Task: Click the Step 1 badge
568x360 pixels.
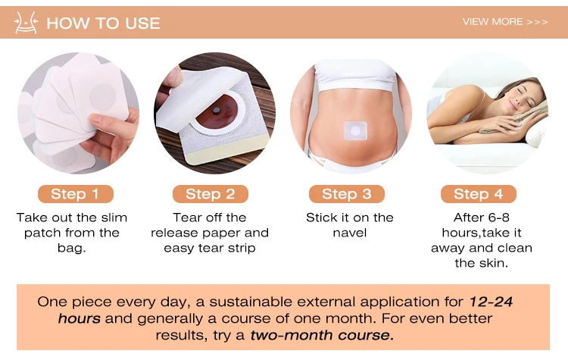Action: (75, 194)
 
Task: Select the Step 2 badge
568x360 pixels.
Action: (210, 194)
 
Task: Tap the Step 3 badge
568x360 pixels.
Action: (347, 194)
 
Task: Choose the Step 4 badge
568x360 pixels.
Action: (477, 194)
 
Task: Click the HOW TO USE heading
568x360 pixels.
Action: (103, 23)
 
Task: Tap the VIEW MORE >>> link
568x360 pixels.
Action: (505, 22)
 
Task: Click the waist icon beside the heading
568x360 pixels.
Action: (27, 23)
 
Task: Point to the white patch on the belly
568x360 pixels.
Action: (353, 130)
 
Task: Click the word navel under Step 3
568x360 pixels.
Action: (350, 233)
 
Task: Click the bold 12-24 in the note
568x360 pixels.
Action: (491, 302)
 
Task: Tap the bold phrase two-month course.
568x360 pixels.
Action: (321, 334)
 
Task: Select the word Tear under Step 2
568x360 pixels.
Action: (188, 218)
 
